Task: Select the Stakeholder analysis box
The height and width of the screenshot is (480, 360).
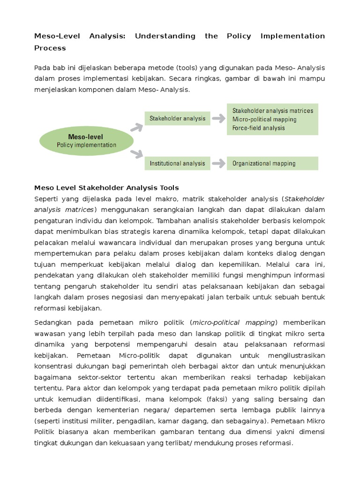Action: pyautogui.click(x=177, y=119)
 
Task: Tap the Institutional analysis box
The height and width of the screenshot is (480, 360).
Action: pyautogui.click(x=177, y=164)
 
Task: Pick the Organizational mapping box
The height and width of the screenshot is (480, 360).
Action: pyautogui.click(x=272, y=164)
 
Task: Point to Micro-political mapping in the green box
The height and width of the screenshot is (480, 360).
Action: pyautogui.click(x=264, y=120)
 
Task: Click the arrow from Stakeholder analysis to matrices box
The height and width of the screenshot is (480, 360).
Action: pyautogui.click(x=218, y=119)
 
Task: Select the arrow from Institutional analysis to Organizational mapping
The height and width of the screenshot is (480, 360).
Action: pyautogui.click(x=218, y=164)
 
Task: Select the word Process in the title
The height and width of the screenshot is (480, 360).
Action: pyautogui.click(x=50, y=48)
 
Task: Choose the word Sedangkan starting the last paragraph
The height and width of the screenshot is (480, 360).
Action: pyautogui.click(x=52, y=322)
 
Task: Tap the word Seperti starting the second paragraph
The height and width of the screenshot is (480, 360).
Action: pyautogui.click(x=46, y=199)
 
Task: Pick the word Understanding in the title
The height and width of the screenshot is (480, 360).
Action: pyautogui.click(x=165, y=36)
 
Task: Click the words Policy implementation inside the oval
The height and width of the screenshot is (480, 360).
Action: pyautogui.click(x=86, y=145)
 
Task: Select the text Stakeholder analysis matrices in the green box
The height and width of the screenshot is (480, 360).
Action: pyautogui.click(x=273, y=111)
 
